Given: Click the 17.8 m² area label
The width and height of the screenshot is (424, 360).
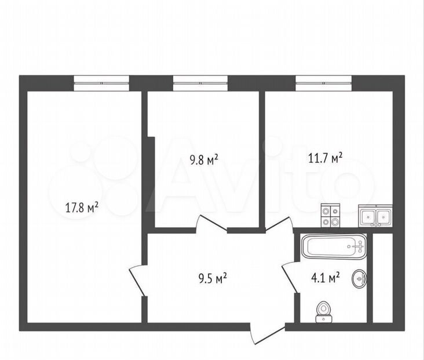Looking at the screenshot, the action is (82, 208).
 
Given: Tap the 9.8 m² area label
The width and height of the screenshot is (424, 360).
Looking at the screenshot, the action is (204, 160).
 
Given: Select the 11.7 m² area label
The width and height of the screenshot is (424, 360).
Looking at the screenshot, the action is (326, 158).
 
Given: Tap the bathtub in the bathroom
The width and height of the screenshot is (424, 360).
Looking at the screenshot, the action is (334, 246).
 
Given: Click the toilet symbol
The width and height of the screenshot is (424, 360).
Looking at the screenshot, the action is (323, 311).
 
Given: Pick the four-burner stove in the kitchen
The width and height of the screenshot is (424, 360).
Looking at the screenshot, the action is (330, 216).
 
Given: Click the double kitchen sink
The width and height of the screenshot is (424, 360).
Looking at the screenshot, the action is (375, 216).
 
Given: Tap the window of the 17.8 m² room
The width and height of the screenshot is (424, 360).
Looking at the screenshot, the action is (101, 83).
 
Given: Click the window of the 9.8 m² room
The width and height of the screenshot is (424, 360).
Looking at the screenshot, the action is (200, 83).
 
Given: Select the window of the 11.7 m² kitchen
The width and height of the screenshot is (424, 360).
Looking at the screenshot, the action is (323, 83).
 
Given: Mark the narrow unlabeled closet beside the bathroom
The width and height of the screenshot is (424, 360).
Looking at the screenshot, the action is (382, 278).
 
